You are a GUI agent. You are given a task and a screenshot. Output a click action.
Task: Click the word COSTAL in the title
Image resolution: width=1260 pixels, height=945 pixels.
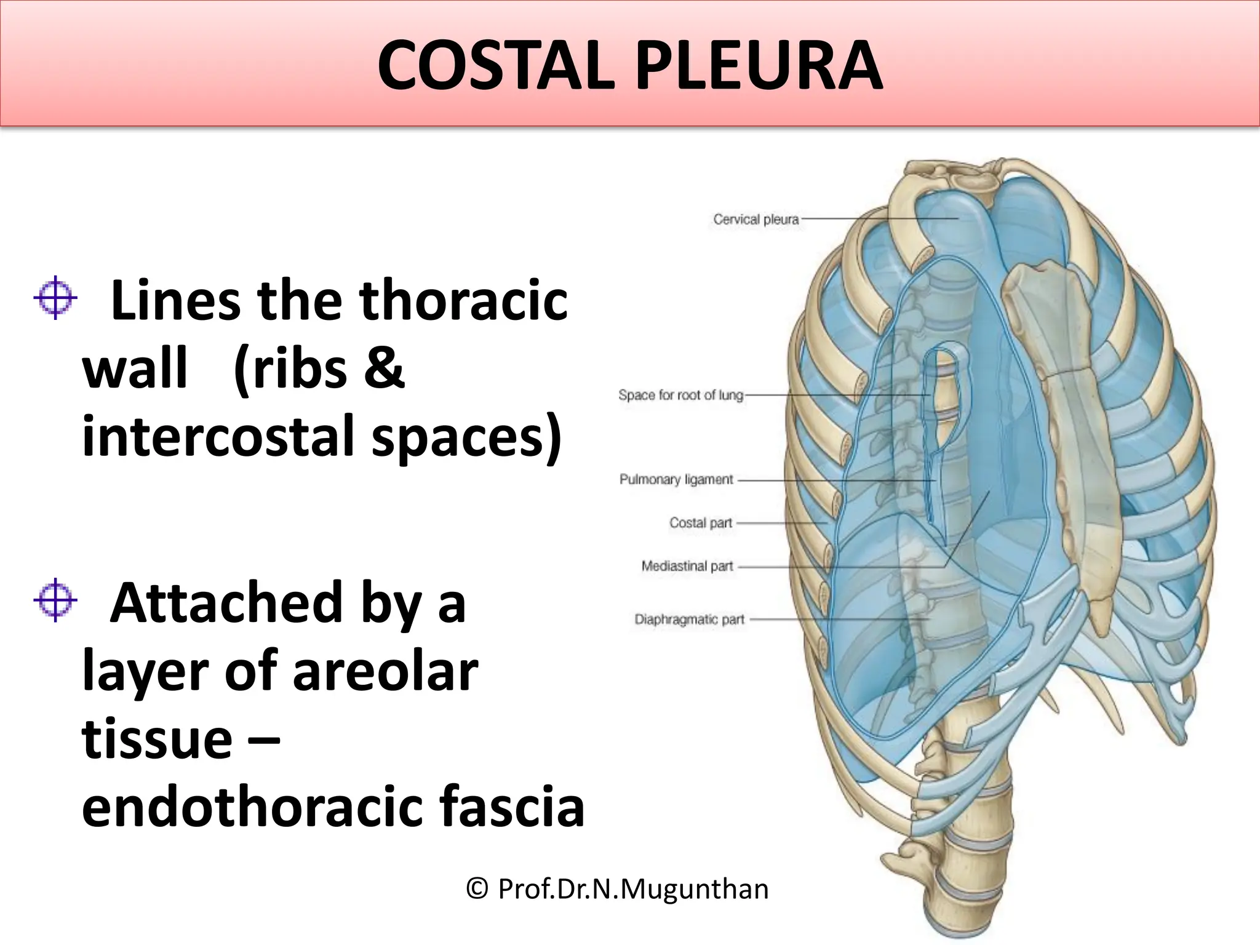coord(495,66)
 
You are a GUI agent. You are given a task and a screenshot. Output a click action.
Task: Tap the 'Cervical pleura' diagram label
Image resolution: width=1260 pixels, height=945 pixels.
coord(756,220)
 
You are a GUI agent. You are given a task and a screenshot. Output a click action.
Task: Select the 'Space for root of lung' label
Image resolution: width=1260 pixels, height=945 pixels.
coord(680,395)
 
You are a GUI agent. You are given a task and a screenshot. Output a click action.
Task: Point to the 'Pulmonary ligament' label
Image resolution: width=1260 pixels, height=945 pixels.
coord(676,479)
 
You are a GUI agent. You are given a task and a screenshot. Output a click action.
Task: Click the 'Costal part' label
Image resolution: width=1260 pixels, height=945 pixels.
coord(700,523)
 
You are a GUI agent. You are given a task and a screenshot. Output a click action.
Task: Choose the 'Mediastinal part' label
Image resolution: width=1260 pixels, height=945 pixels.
coord(687,566)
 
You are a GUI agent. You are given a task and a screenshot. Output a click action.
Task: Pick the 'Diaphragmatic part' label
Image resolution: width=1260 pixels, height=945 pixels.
coord(689,619)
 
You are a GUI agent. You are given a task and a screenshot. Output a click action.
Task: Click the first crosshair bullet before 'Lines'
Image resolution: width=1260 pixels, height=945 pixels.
coord(55,298)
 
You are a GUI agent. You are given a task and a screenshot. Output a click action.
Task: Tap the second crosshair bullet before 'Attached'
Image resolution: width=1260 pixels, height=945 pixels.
coord(55,600)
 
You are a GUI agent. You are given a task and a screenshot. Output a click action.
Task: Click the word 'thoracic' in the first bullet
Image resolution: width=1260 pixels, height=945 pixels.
coord(463,301)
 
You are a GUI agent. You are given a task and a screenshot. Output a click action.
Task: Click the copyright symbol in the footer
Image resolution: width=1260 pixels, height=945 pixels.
coord(477,889)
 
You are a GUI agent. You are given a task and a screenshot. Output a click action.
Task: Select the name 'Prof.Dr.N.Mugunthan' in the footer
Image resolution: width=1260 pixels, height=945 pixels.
coord(633,889)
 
